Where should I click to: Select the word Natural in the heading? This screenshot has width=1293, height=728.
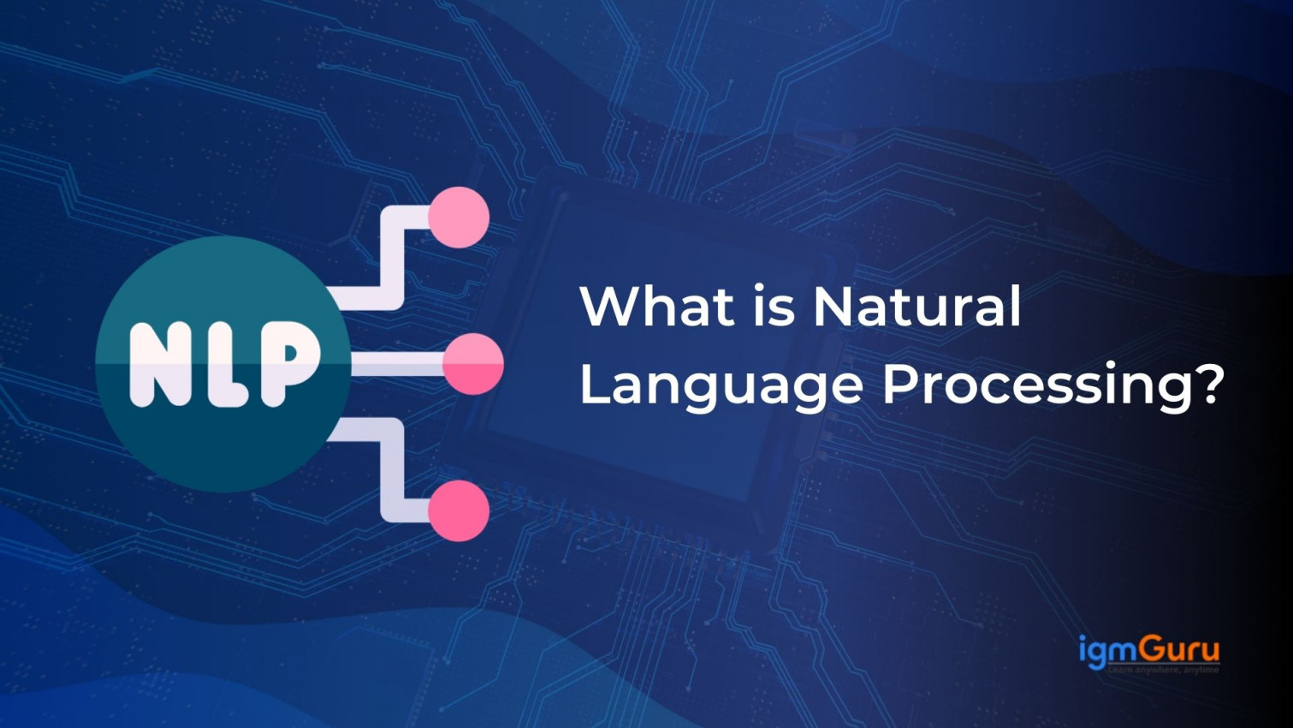tap(916, 306)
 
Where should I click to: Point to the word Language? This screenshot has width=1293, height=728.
tap(721, 385)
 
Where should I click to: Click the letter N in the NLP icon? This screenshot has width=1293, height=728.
tap(162, 364)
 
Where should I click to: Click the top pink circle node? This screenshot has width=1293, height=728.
tap(459, 218)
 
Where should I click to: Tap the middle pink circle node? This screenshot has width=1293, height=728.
tap(472, 365)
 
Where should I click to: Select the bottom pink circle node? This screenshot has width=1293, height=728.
tap(459, 510)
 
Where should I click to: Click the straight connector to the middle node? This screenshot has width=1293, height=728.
tap(396, 365)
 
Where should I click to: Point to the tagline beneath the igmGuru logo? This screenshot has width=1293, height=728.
tap(1164, 670)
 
